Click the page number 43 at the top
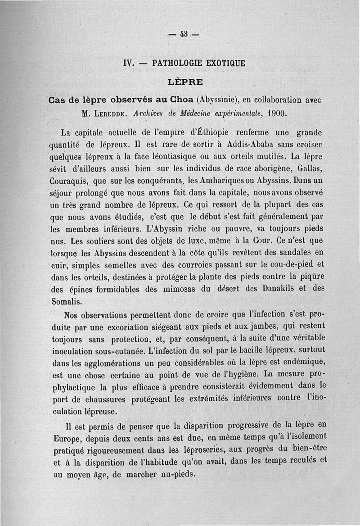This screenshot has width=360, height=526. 183,34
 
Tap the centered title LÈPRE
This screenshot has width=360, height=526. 185,82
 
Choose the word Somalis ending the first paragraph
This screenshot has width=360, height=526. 67,301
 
